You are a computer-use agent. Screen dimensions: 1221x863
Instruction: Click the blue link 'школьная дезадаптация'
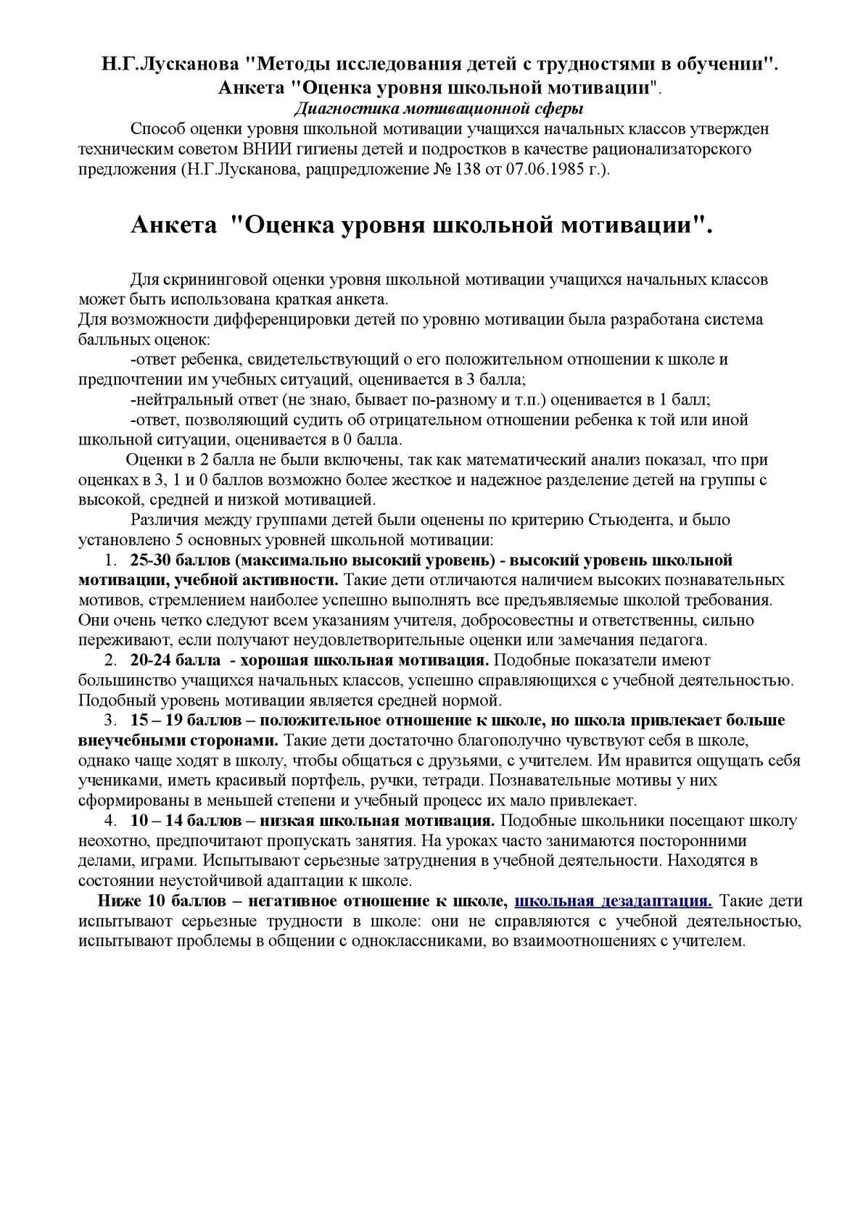pyautogui.click(x=613, y=901)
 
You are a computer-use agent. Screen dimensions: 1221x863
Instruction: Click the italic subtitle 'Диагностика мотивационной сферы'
pyautogui.click(x=439, y=109)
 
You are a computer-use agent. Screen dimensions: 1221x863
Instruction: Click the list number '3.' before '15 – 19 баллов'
pyautogui.click(x=110, y=721)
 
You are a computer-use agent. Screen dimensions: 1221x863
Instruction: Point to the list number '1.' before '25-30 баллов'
pyautogui.click(x=110, y=560)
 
